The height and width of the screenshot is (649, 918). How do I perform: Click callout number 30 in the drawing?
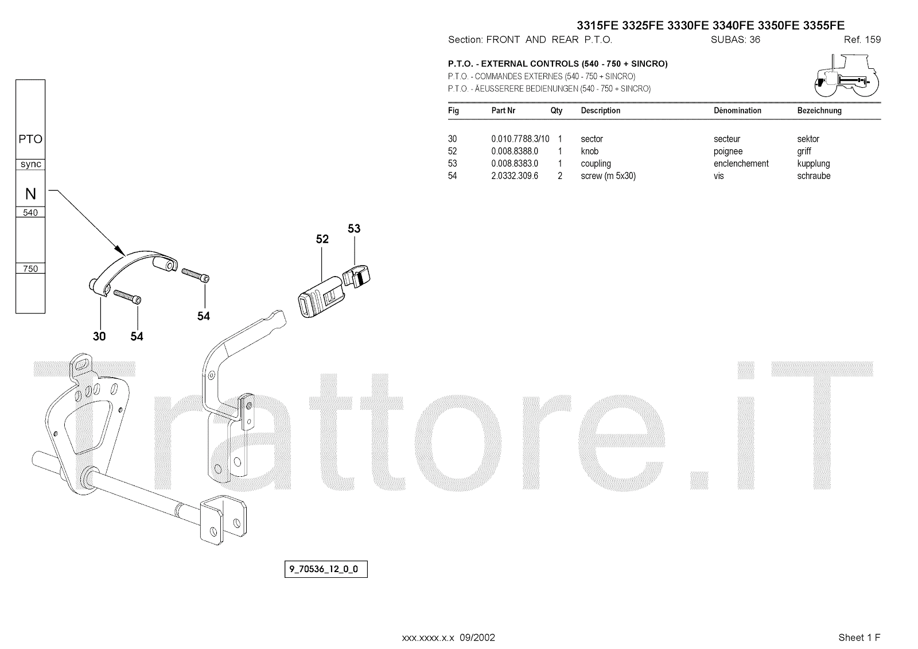pos(99,336)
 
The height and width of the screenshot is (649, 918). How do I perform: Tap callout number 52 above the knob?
pos(322,239)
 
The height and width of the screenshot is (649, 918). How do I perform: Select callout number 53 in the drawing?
pos(354,228)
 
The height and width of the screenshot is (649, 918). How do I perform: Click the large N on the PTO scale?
pos(30,194)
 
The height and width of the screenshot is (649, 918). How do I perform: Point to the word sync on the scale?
pos(30,164)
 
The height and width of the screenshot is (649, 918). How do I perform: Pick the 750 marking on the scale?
pos(30,269)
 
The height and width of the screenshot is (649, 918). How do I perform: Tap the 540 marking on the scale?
pos(30,213)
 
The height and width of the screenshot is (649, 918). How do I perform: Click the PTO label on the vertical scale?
pos(30,139)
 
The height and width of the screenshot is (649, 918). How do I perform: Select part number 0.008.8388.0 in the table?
pos(514,151)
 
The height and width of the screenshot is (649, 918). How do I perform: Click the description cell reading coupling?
pos(596,164)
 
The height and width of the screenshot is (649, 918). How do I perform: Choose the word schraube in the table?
pos(814,176)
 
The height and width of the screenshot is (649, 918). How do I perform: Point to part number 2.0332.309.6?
pos(514,176)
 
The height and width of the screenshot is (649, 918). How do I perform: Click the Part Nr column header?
pos(503,111)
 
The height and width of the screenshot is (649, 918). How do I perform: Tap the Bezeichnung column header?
pos(819,111)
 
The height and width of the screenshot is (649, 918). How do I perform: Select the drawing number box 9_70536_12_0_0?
pos(325,570)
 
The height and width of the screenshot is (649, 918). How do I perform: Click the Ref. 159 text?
pos(862,40)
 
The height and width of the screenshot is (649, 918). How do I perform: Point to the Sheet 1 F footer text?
pos(859,638)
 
